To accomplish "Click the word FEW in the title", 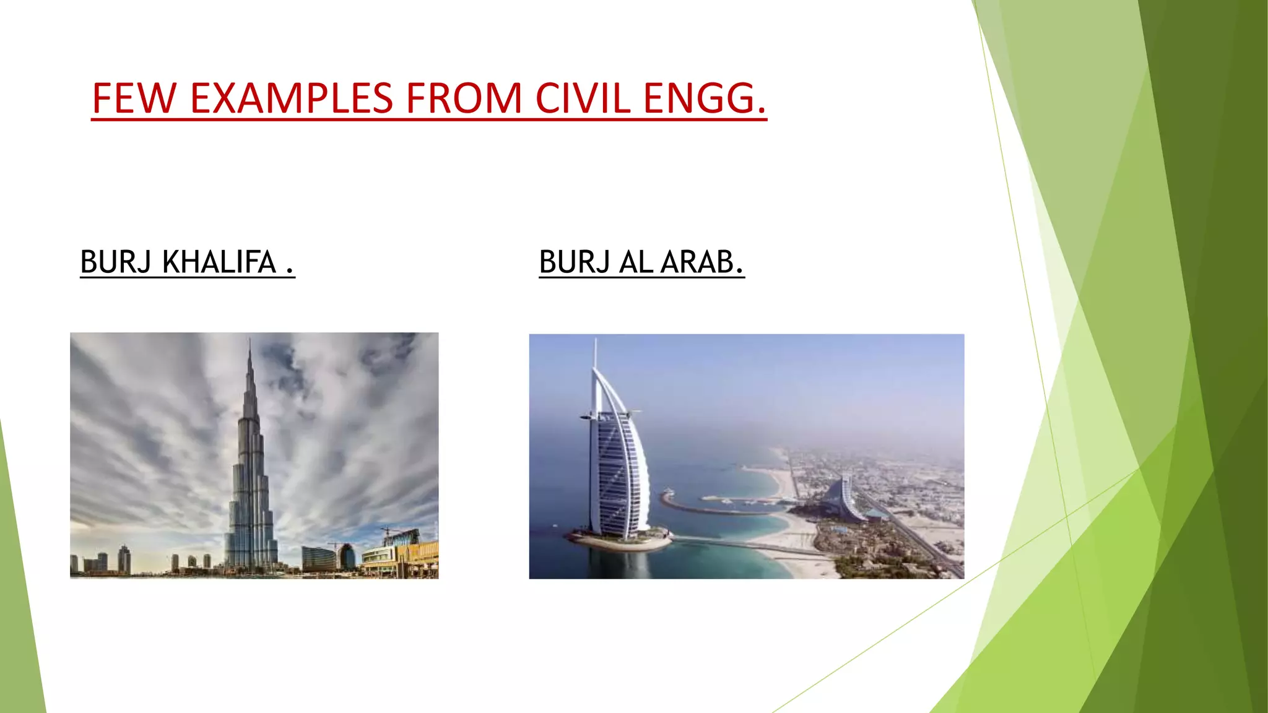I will click(133, 98).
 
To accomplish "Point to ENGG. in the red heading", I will click(705, 98).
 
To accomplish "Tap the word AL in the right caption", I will click(635, 262).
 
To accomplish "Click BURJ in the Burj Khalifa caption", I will click(116, 262).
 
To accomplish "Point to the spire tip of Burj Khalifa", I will click(250, 340).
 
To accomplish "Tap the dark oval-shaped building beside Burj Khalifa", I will click(347, 556).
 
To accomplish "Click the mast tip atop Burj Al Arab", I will click(596, 341).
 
